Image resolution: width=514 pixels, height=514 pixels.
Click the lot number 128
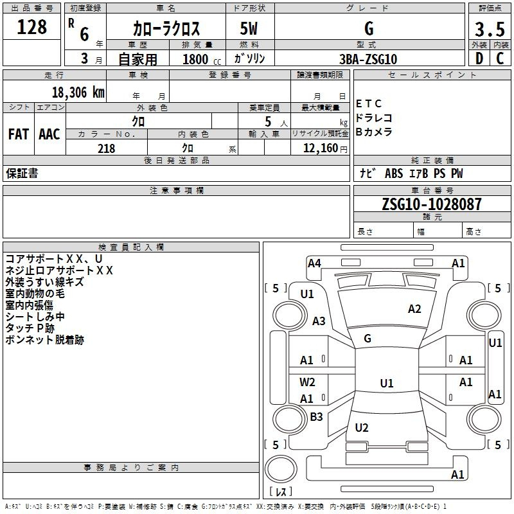[x=31, y=27]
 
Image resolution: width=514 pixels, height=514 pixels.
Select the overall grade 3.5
[x=490, y=29]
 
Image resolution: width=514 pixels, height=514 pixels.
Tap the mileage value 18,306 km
[x=78, y=93]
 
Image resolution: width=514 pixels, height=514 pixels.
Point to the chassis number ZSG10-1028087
[x=432, y=204]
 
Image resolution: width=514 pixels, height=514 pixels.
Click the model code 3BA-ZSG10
[x=368, y=59]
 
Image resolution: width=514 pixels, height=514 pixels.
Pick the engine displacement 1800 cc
[x=202, y=59]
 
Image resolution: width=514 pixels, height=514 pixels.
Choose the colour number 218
[x=107, y=148]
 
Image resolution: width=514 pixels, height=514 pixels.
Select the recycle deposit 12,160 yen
[x=325, y=148]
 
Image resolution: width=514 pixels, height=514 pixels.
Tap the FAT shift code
[x=19, y=134]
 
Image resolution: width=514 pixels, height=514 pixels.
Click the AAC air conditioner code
[x=49, y=134]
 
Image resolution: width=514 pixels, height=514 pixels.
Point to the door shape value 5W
[x=249, y=28]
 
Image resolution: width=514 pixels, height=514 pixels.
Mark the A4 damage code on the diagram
[x=314, y=263]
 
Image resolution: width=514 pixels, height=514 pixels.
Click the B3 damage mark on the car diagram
[x=316, y=416]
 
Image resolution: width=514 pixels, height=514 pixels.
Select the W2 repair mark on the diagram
[x=307, y=382]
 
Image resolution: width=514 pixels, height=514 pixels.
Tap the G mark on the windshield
[x=368, y=339]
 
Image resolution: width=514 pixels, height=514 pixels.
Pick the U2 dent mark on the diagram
[x=362, y=427]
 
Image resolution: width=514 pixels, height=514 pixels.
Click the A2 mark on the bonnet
[x=414, y=309]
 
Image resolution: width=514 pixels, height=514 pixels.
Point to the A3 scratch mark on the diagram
[x=319, y=321]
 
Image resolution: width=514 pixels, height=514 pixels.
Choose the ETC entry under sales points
[x=369, y=103]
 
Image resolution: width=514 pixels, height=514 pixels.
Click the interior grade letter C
[x=500, y=58]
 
